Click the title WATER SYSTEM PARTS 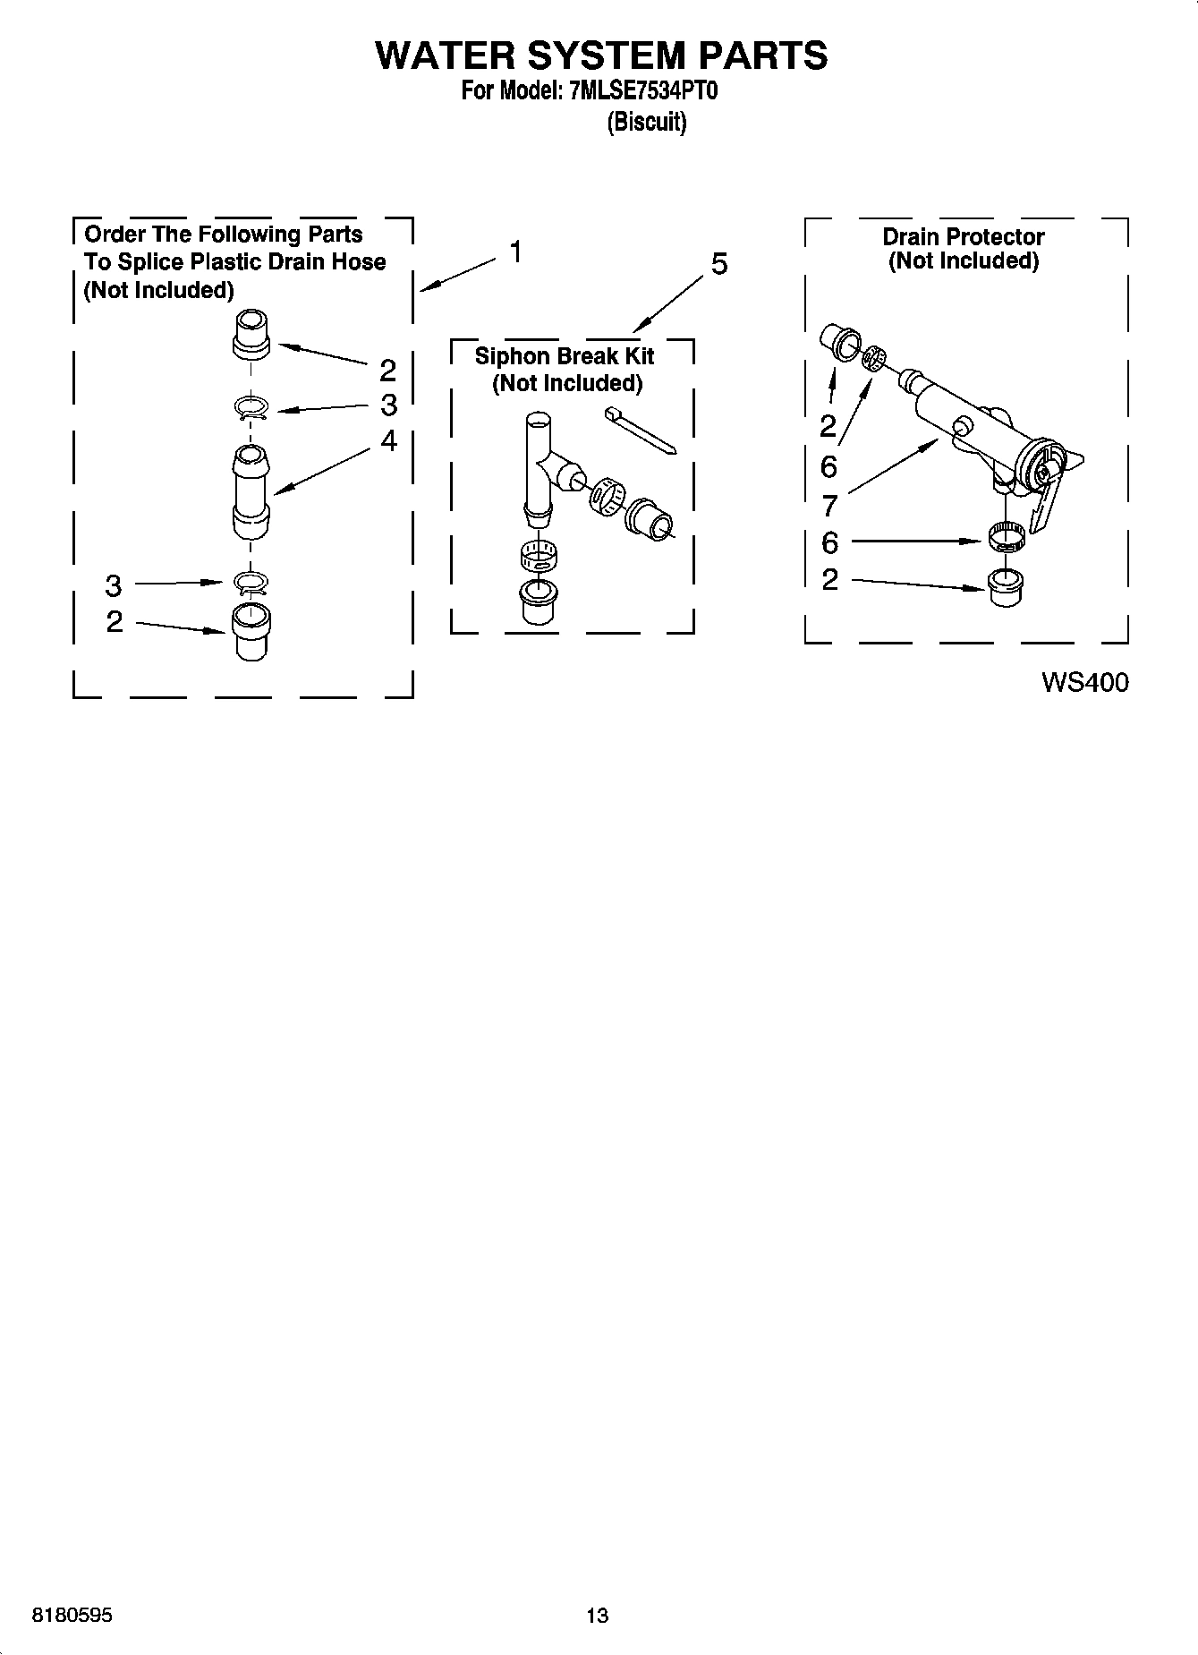pyautogui.click(x=600, y=55)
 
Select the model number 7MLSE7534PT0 pyautogui.click(x=642, y=92)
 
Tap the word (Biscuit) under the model pyautogui.click(x=646, y=122)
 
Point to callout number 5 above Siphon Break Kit pyautogui.click(x=719, y=264)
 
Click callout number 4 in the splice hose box pyautogui.click(x=388, y=440)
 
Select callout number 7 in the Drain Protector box pyautogui.click(x=829, y=506)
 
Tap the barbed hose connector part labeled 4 pyautogui.click(x=251, y=491)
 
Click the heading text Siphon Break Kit pyautogui.click(x=564, y=356)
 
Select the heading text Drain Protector pyautogui.click(x=963, y=237)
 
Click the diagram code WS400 pyautogui.click(x=1084, y=683)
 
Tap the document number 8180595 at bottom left pyautogui.click(x=72, y=1615)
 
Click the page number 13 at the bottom pyautogui.click(x=597, y=1615)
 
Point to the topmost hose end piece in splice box pyautogui.click(x=251, y=333)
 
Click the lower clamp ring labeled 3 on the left pyautogui.click(x=251, y=584)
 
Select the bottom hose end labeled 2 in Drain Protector pyautogui.click(x=1006, y=587)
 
